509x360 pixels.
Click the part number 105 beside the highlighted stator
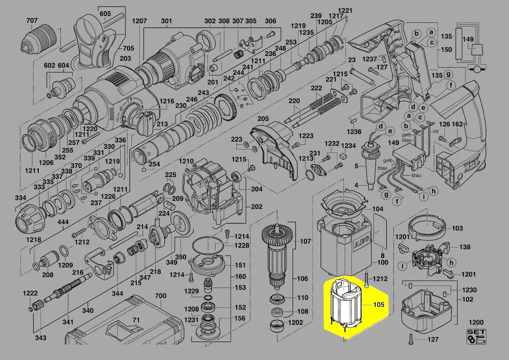point(378,304)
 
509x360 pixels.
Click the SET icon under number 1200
point(476,336)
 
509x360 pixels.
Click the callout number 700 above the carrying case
point(160,296)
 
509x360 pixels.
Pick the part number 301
point(166,21)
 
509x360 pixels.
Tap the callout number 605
point(105,14)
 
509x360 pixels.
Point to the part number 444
point(52,222)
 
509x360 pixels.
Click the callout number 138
point(465,247)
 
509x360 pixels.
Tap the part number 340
point(88,310)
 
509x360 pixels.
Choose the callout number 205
point(263,118)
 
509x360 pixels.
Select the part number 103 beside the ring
point(457,228)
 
